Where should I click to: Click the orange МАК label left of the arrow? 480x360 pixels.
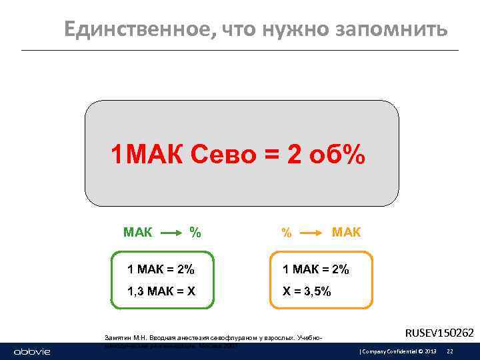click(137, 233)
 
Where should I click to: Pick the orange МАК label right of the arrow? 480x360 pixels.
click(346, 233)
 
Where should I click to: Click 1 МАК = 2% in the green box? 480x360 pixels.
click(161, 269)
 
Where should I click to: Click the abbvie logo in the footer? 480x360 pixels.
click(31, 351)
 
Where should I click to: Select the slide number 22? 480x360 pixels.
click(450, 351)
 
